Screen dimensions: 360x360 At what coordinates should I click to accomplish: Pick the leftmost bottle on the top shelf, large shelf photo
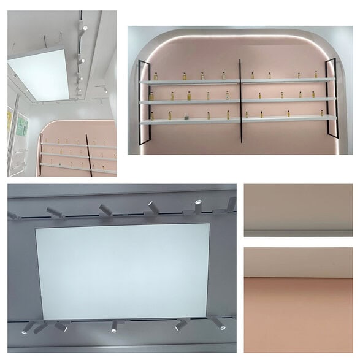(x=156, y=76)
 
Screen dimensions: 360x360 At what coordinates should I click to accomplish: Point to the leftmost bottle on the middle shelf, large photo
(x=151, y=96)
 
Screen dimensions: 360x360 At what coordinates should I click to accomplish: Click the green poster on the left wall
(x=21, y=126)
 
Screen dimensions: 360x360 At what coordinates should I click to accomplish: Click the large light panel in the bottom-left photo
(x=123, y=270)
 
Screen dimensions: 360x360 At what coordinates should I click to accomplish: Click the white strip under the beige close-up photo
(x=298, y=233)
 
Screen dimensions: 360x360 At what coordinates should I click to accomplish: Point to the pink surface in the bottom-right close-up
(x=298, y=313)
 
